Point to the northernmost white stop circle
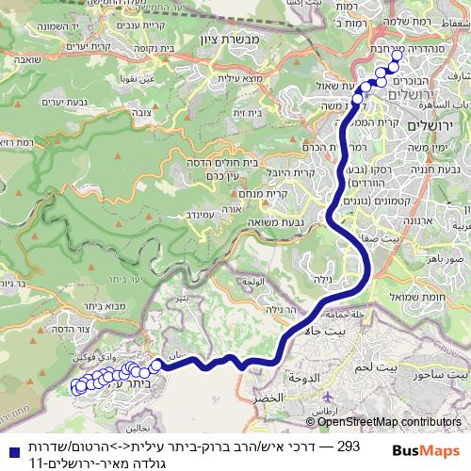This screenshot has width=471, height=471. click(x=396, y=56)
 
